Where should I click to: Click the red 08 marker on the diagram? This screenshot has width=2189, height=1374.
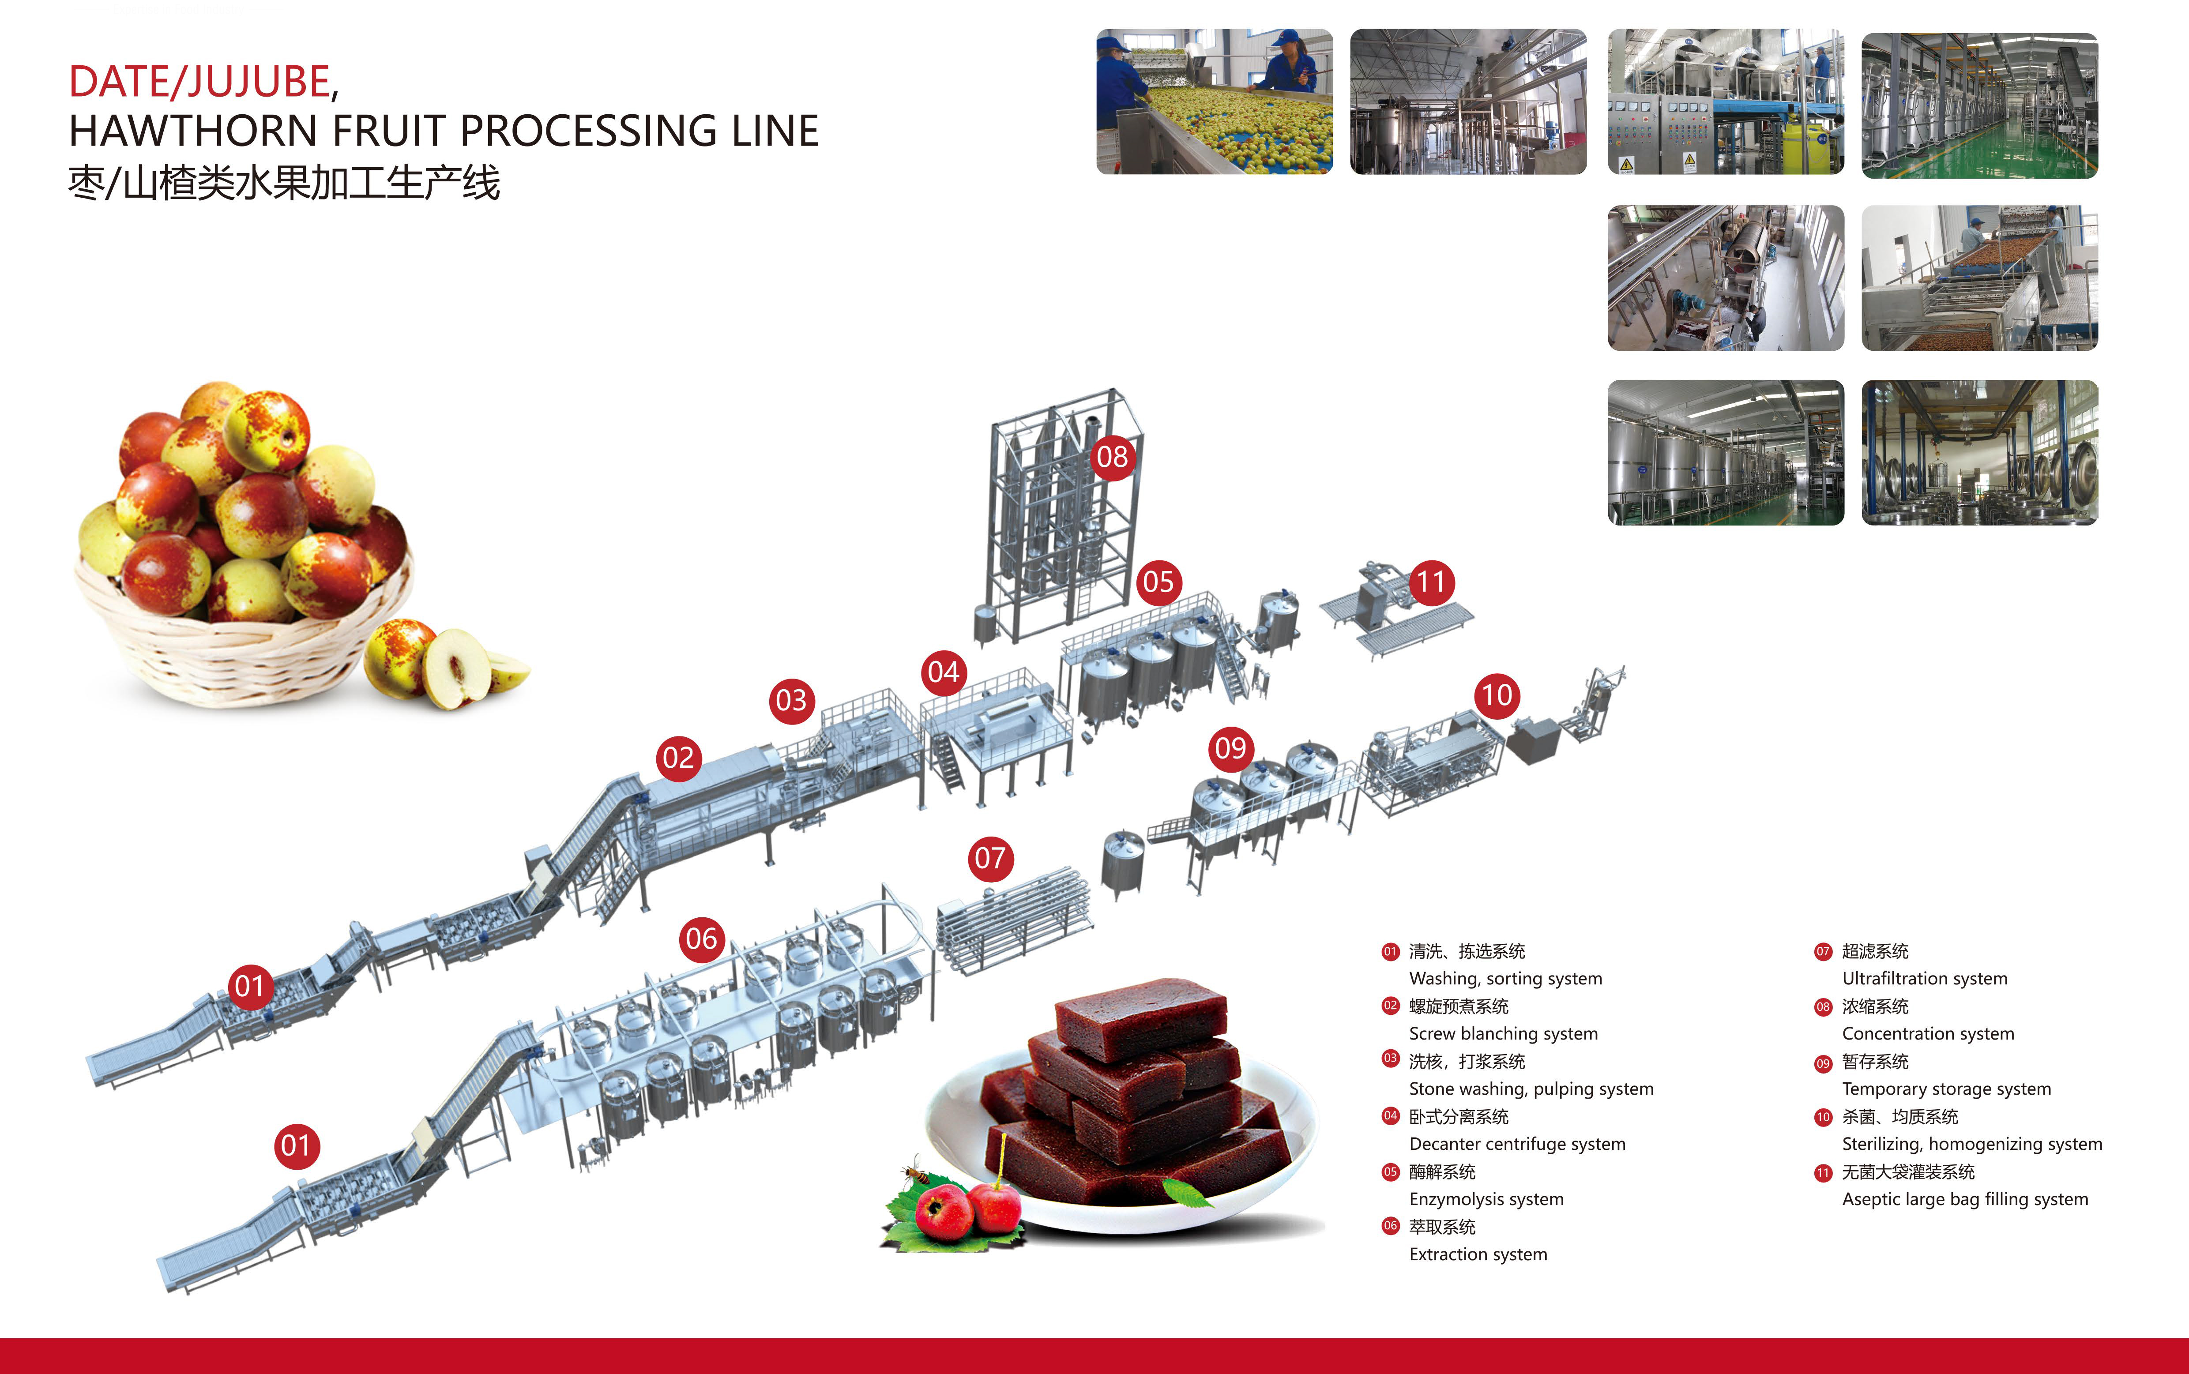(1112, 456)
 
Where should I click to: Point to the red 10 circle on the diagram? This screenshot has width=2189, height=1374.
(1497, 695)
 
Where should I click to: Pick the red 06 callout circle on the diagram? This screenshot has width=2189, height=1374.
(702, 939)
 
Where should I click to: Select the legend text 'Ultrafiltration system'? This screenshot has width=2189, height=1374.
(1925, 979)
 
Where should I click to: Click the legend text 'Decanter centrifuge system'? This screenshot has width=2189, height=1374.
(1516, 1144)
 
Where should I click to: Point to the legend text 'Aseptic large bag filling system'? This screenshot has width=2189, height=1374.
(1964, 1200)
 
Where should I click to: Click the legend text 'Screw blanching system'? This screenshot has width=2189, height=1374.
(1503, 1034)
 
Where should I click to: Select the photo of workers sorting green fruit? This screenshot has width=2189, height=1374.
(1214, 102)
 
